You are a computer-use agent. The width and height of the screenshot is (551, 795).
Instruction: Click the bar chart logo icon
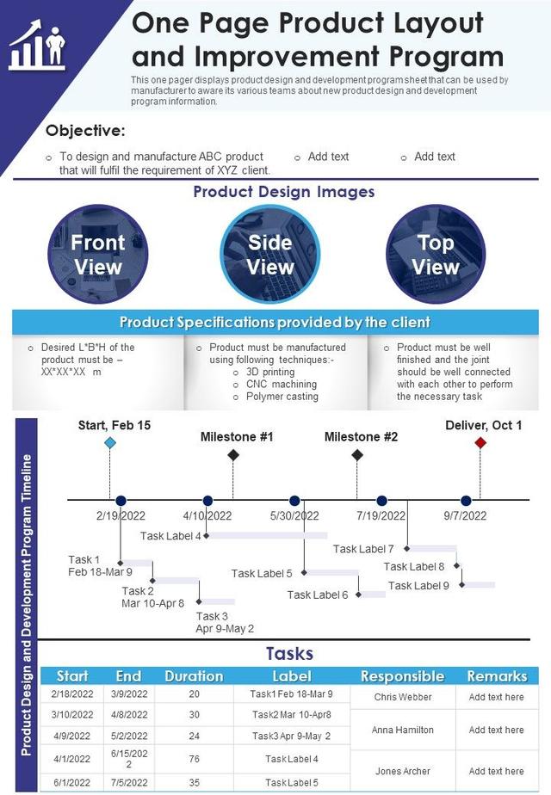[x=37, y=48]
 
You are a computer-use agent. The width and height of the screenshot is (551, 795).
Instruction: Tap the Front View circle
[x=98, y=254]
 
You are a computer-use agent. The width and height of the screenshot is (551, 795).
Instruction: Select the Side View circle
[x=270, y=254]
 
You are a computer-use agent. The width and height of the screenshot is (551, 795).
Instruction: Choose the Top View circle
[x=436, y=254]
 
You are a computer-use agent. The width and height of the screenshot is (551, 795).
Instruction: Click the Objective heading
[x=85, y=131]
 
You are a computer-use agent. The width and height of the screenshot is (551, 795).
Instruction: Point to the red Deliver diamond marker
[x=480, y=442]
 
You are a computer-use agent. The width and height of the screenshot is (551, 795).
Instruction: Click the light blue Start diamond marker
[x=110, y=442]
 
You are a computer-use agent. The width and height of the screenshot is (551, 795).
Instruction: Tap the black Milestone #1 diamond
[x=233, y=454]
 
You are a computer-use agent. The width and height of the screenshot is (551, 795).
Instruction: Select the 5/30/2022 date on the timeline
[x=294, y=516]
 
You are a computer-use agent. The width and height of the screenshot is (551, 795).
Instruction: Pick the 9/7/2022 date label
[x=465, y=516]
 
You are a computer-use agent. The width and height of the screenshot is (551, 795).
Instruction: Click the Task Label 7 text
[x=363, y=549]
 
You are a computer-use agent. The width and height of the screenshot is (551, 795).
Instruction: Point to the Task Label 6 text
[x=318, y=595]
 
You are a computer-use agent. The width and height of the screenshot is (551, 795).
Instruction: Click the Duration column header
[x=194, y=676]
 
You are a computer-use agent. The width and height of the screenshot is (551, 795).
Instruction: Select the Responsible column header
[x=402, y=676]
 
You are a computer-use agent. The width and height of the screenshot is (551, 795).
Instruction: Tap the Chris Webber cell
[x=403, y=697]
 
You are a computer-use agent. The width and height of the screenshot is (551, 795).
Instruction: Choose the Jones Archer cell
[x=403, y=771]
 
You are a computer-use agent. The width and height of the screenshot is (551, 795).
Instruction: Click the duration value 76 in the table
[x=194, y=759]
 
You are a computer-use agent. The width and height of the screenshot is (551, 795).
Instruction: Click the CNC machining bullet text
[x=282, y=385]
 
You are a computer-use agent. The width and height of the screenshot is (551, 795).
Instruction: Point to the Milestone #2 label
[x=361, y=437]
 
